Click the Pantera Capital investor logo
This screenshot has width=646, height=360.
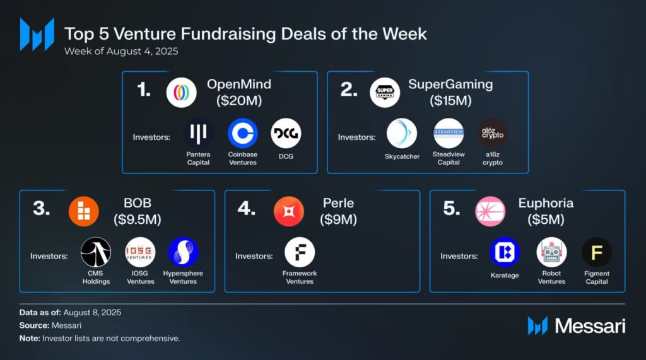pos(198,134)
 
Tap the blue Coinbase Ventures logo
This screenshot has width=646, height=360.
pos(242,134)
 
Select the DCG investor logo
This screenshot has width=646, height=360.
pos(286,134)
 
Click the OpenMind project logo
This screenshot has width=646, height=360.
pos(182,92)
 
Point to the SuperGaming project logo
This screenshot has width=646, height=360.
pos(385,92)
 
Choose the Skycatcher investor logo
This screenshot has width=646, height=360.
pos(402,134)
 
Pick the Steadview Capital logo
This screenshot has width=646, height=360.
pos(449,134)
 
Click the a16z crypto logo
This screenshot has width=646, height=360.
pos(492,134)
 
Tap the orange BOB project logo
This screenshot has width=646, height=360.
pos(84,211)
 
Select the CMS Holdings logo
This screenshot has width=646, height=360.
pos(96,252)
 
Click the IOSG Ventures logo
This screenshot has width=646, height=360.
pos(140,252)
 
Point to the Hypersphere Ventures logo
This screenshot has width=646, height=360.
pos(184,252)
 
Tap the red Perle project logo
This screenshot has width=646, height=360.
pos(289,211)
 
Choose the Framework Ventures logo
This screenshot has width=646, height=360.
pos(300,252)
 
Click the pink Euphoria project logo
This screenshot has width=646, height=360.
pos(490,211)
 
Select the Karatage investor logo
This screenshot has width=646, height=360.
pos(505,252)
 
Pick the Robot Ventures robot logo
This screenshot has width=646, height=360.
pos(551,252)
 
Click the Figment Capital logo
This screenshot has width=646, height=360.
pos(596,252)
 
